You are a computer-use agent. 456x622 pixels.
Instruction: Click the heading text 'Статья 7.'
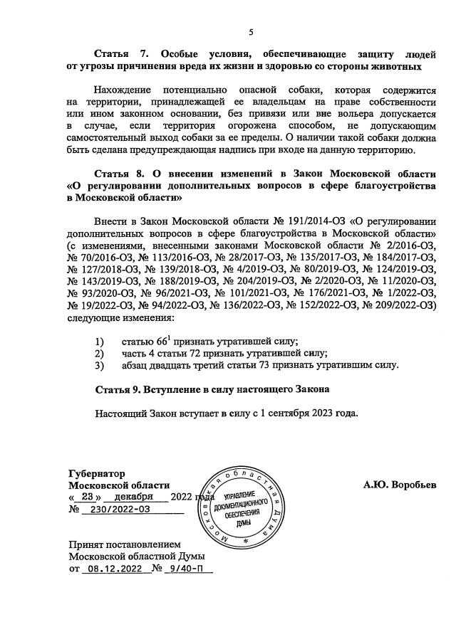[x=120, y=54]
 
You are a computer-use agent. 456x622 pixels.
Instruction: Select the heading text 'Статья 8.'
[x=120, y=173]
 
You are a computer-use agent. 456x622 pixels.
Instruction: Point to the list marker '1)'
[x=100, y=341]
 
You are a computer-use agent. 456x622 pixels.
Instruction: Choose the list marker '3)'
[x=100, y=365]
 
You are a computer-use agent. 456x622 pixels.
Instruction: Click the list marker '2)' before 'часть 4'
[x=100, y=353]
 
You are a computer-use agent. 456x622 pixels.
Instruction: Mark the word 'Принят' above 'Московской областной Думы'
[x=88, y=544]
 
